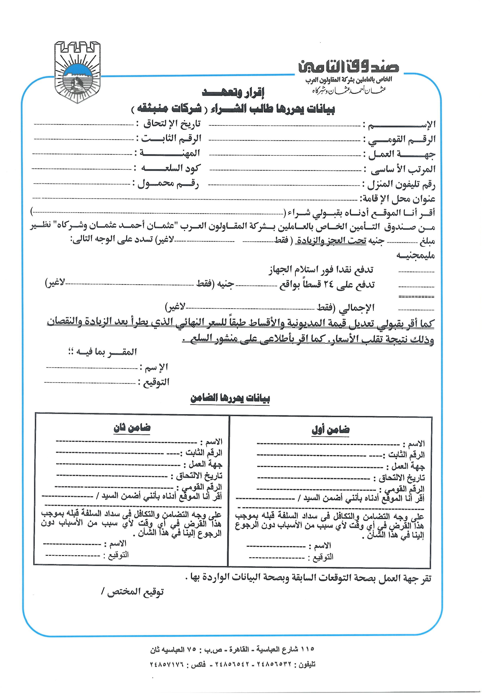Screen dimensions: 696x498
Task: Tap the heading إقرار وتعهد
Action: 233,93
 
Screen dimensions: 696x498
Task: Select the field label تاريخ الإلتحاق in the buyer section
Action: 172,124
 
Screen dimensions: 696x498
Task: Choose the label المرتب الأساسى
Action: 403,169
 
